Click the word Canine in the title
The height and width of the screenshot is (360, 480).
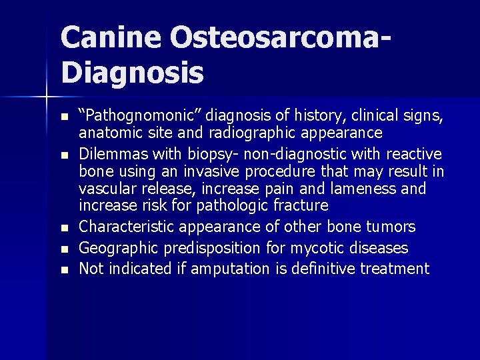click(110, 39)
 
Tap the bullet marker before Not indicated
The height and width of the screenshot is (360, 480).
click(64, 270)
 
